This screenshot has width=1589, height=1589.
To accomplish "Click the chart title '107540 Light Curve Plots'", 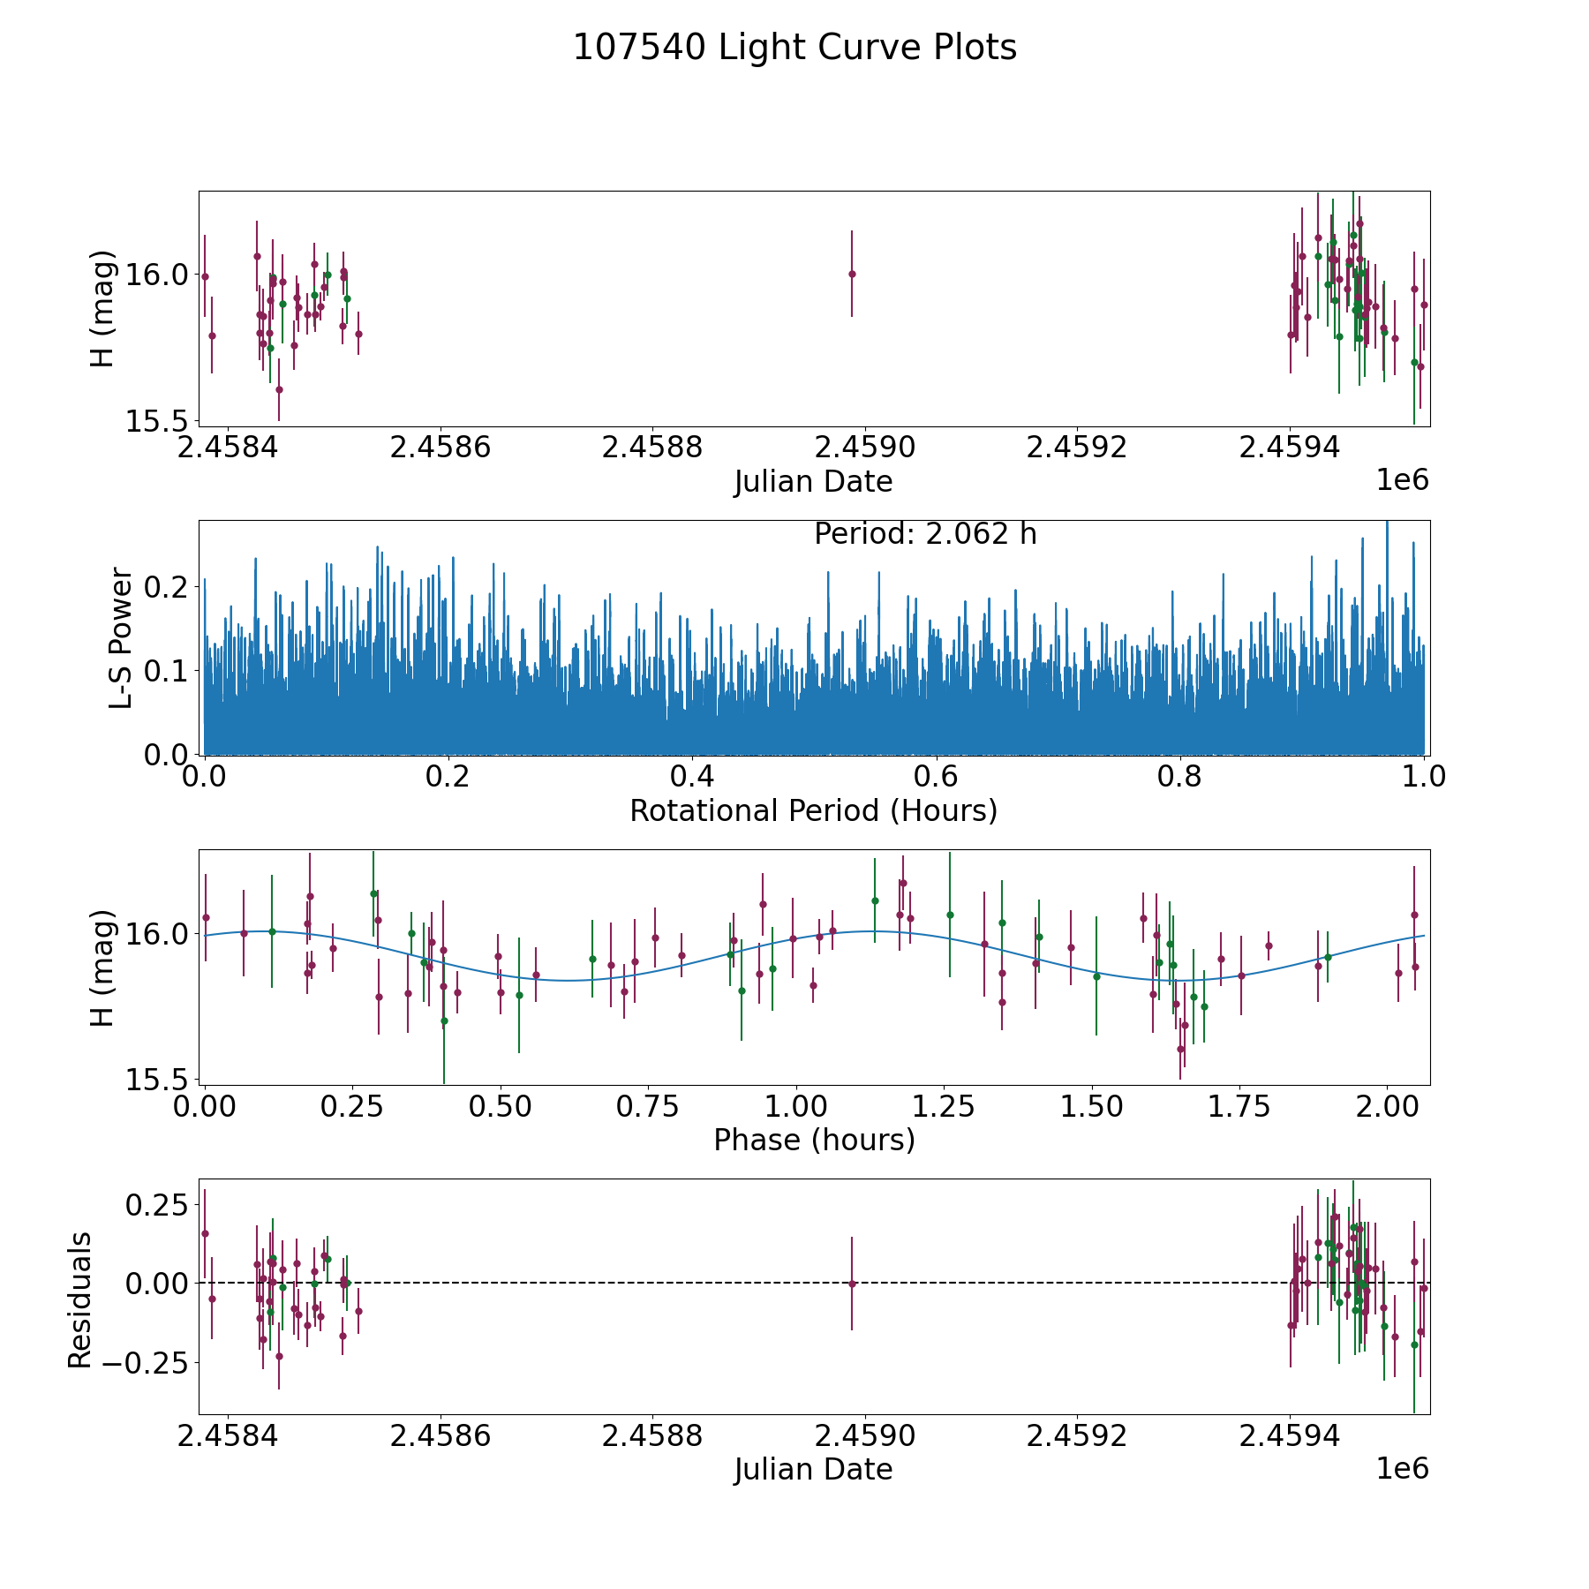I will click(794, 48).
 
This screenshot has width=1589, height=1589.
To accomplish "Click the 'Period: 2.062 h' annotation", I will click(925, 534).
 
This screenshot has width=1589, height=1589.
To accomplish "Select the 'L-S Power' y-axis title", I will click(121, 637).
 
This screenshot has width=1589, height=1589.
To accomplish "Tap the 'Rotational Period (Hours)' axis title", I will click(813, 810).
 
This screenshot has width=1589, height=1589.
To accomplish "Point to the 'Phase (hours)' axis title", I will click(814, 1140).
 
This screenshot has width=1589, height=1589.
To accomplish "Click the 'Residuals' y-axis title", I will click(80, 1299).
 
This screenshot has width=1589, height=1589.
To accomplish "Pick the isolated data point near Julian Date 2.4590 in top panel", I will click(852, 274).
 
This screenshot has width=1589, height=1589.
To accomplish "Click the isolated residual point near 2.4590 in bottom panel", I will click(852, 1284).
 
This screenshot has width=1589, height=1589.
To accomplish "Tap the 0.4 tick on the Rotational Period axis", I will click(692, 777).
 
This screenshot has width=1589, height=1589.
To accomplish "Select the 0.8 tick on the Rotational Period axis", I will click(1180, 777).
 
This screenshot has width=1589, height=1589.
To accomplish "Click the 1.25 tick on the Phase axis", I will click(949, 1107).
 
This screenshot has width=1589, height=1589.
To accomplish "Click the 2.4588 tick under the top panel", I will click(652, 448).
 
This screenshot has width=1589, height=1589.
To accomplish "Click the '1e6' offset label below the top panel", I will click(1402, 480).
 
